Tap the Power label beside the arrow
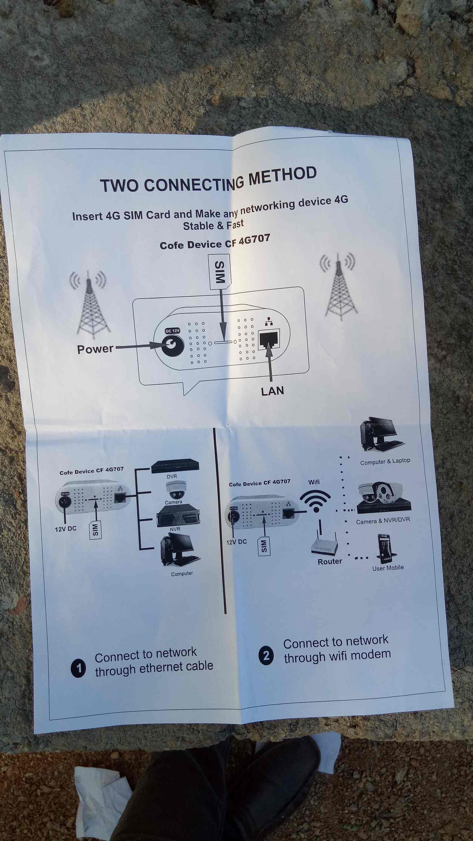pos(95,349)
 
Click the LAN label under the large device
pos(273,391)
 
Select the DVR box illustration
pos(175,466)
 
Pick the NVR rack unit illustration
pos(178,515)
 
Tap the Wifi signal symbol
pos(315,501)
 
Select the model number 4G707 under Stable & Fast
pos(254,240)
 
